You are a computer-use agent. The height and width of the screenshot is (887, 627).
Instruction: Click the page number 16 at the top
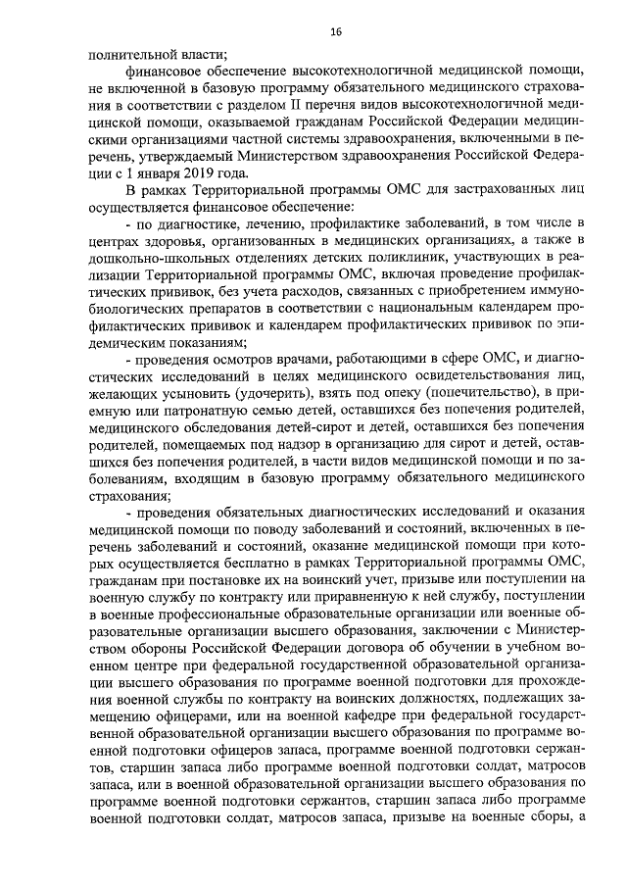point(336,32)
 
